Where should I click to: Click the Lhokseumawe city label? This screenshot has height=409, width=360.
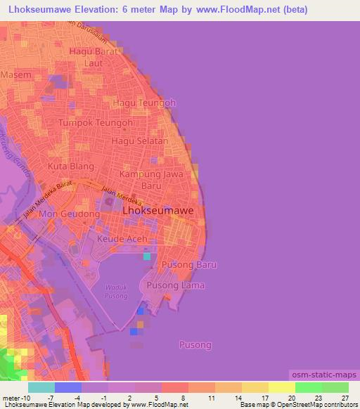(159, 209)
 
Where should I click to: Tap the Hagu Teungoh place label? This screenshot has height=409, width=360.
(144, 103)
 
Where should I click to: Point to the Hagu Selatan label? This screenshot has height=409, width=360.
(144, 141)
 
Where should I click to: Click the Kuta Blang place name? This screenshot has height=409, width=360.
(70, 167)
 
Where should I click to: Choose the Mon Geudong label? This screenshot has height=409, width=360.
(69, 214)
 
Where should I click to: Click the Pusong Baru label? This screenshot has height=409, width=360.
(188, 265)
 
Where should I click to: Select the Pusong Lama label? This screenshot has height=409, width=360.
(175, 285)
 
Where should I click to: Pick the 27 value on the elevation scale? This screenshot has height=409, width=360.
(344, 398)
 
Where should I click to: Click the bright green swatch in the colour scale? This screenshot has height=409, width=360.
(308, 387)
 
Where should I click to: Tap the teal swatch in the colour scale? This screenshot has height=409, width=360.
(41, 387)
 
